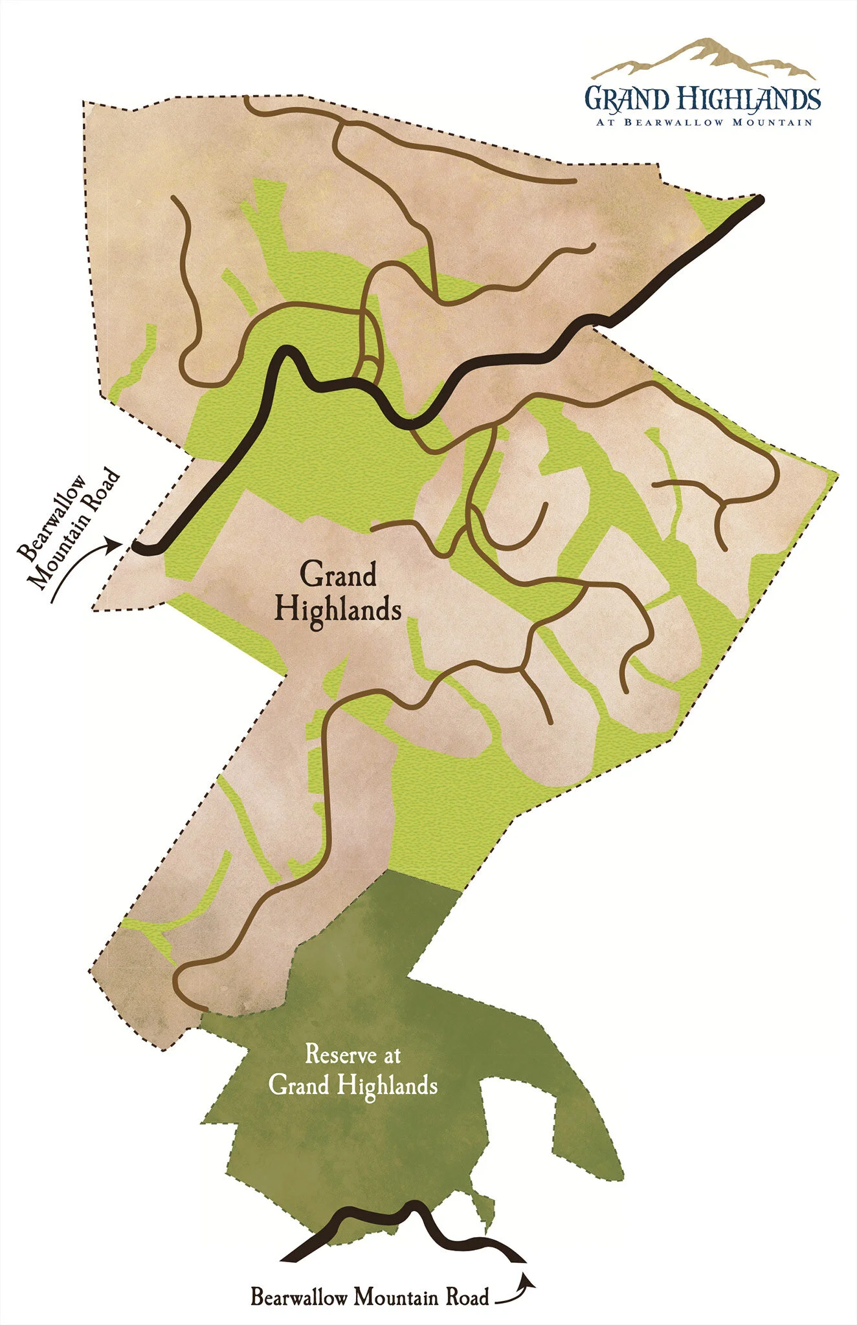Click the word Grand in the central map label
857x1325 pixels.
tap(337, 575)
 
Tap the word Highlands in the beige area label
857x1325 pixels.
tap(338, 610)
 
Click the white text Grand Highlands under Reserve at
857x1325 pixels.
tap(353, 1085)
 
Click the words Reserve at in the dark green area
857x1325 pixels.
tap(353, 1055)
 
